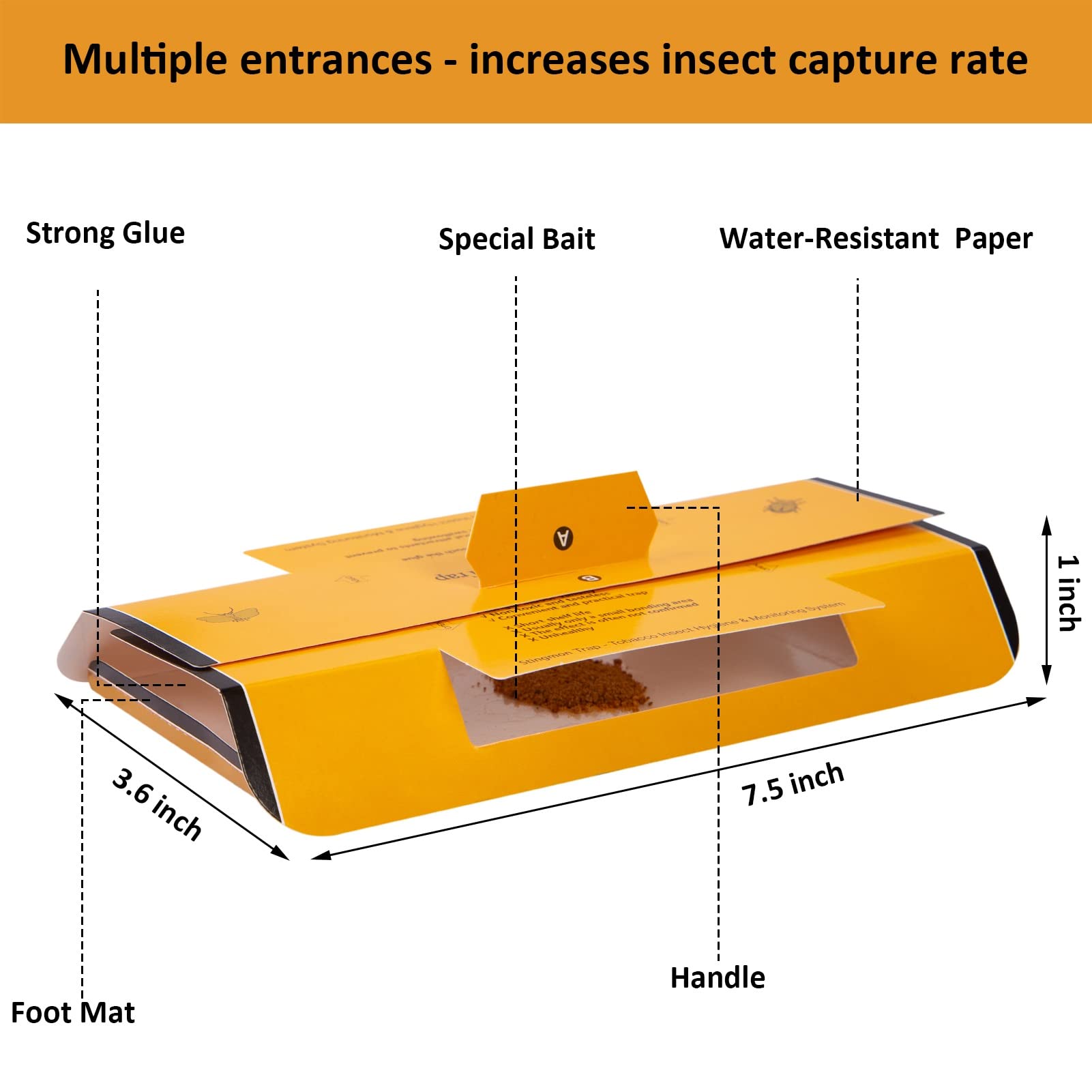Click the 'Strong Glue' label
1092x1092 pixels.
tap(105, 233)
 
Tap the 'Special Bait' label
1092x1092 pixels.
tap(516, 239)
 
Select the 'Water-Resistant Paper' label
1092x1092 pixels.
tap(876, 239)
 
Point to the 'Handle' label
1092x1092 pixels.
tap(718, 977)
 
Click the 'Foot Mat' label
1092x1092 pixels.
tap(73, 1012)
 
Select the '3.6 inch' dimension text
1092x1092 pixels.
tap(157, 803)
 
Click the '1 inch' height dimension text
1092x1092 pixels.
tap(1068, 593)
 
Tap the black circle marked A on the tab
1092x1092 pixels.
tap(563, 537)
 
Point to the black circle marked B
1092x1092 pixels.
tap(591, 578)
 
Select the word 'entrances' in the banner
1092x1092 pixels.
tap(336, 60)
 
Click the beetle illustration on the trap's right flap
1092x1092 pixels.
tap(776, 505)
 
